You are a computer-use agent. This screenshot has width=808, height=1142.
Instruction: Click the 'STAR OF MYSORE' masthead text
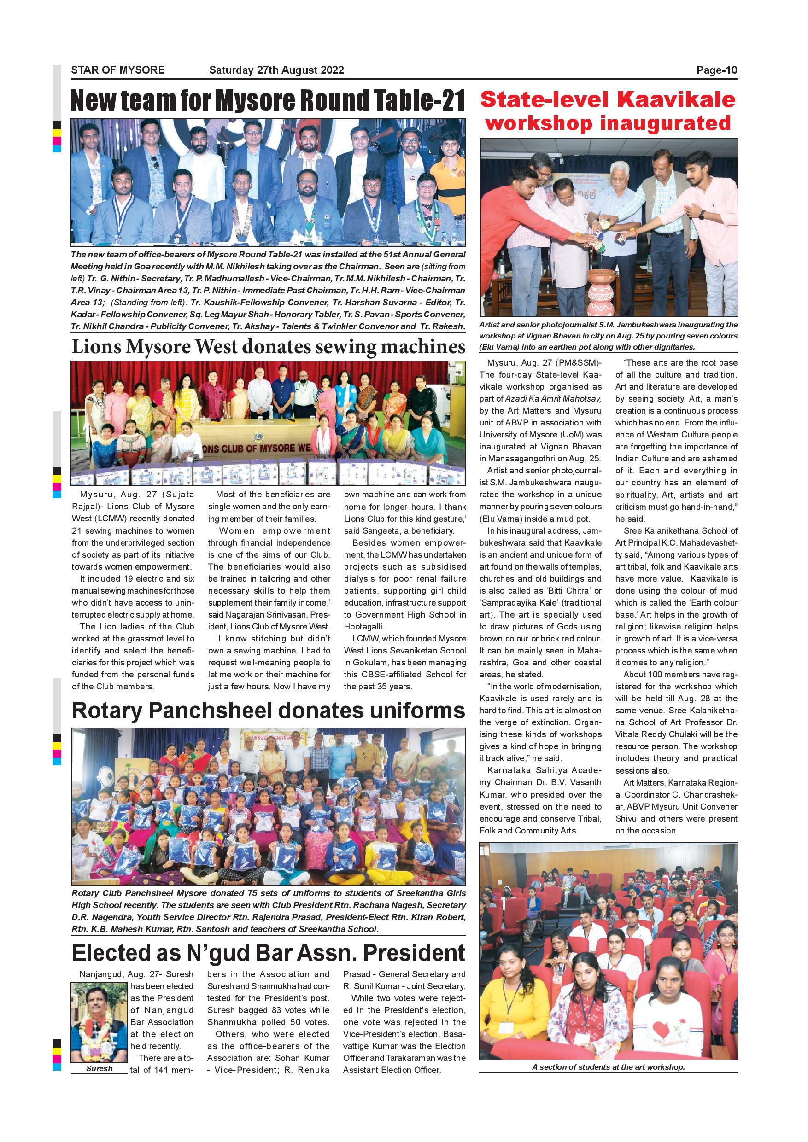click(118, 70)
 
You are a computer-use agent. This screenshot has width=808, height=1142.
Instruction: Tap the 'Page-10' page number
click(716, 70)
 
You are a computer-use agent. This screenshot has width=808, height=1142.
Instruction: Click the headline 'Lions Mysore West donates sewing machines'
click(268, 347)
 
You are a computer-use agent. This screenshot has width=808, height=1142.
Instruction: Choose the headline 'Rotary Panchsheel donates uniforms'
click(268, 711)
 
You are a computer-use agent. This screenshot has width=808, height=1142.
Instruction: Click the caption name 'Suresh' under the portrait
click(99, 1068)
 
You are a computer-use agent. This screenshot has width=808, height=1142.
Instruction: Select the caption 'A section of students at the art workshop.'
click(608, 1067)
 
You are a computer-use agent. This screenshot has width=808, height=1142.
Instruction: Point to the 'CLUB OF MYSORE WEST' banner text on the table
click(259, 448)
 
